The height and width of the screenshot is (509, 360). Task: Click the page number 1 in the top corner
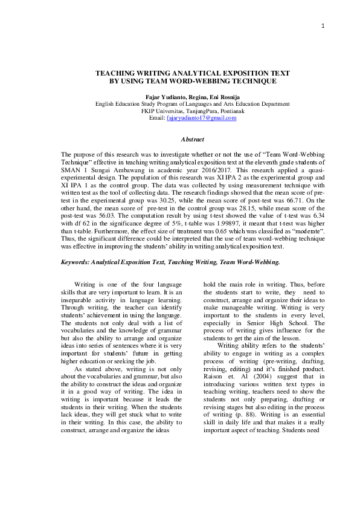point(324,25)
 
